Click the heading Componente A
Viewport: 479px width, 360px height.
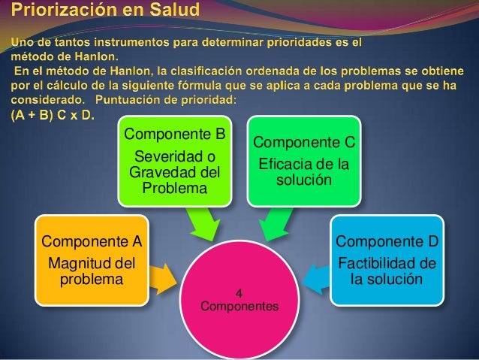click(x=92, y=241)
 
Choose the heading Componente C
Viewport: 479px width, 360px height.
click(x=305, y=143)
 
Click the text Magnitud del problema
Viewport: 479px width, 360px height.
click(x=91, y=271)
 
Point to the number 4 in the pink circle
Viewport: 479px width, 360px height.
click(x=239, y=293)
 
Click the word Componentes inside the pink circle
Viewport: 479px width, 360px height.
click(x=239, y=307)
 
